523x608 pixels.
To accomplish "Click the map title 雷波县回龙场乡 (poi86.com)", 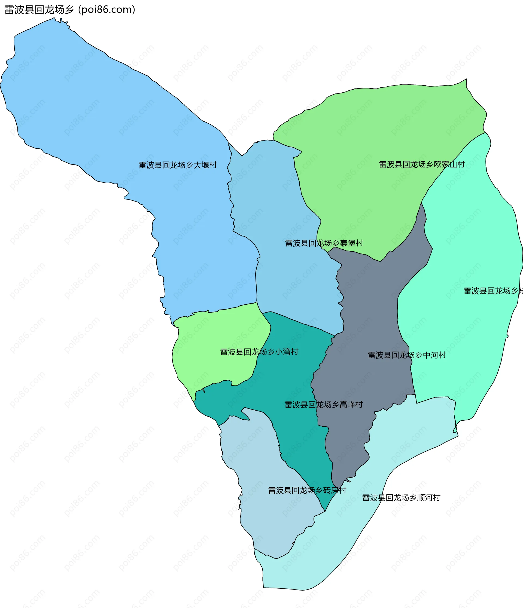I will [x=69, y=10].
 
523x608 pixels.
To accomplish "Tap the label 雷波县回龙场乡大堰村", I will [x=178, y=165].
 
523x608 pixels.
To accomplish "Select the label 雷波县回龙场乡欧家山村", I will [x=422, y=164].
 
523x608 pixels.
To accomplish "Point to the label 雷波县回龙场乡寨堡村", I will [x=324, y=243].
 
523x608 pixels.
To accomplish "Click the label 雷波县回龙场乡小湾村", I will [x=259, y=352].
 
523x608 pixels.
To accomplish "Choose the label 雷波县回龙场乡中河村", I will [x=407, y=355].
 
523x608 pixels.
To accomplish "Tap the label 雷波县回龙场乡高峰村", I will [x=324, y=405].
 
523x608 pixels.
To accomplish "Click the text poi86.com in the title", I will [x=106, y=10].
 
